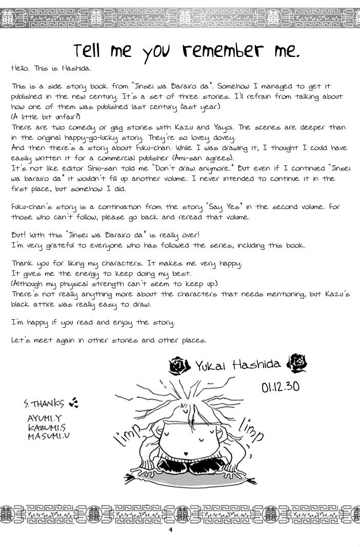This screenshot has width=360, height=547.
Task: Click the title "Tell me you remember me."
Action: pyautogui.click(x=186, y=51)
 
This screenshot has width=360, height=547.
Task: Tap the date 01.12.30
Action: pyautogui.click(x=281, y=386)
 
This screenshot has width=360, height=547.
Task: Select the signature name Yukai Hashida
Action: pyautogui.click(x=237, y=365)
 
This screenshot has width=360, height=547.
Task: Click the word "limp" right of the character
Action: pyautogui.click(x=251, y=429)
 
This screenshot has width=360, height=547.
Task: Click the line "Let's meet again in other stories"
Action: pyautogui.click(x=108, y=340)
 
